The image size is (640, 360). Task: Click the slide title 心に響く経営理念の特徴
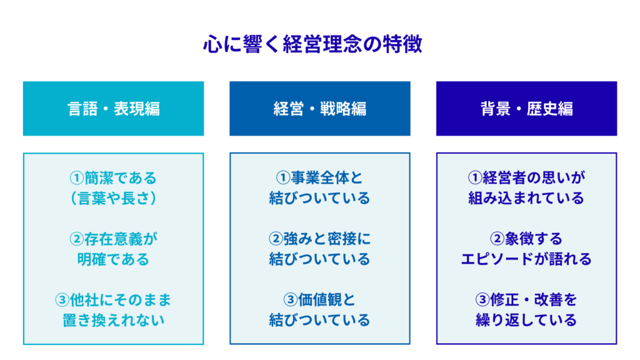tap(312, 44)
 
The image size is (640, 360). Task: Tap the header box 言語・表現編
tap(114, 109)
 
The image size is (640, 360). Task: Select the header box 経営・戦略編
tap(320, 109)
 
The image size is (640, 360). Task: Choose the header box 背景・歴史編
tap(526, 109)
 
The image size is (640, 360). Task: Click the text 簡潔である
tap(121, 178)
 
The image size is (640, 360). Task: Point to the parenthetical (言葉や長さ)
tap(114, 198)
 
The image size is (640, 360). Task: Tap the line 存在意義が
tap(121, 239)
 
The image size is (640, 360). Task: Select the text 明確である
tap(114, 259)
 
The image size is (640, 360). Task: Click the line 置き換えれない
tap(114, 321)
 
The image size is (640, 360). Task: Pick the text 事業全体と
tap(327, 178)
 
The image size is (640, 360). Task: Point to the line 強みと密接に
tap(327, 239)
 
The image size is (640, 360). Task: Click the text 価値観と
tap(327, 300)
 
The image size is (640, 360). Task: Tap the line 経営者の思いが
tap(534, 178)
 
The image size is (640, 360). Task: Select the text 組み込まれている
tap(526, 198)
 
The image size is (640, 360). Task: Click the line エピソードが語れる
tap(526, 259)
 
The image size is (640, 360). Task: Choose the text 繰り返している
tap(526, 321)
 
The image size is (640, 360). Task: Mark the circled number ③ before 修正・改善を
tap(483, 300)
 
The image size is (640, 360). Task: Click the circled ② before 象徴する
tap(497, 239)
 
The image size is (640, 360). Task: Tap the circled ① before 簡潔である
tap(77, 178)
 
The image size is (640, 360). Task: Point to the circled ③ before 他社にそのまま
tap(62, 300)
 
